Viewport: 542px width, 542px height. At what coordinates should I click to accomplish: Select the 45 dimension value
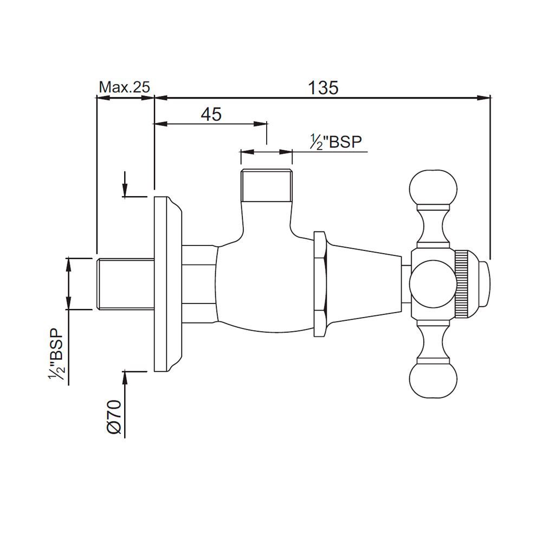(x=211, y=114)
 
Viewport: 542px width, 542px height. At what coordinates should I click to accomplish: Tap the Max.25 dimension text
(x=124, y=87)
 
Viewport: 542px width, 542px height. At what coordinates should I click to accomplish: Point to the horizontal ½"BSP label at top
(x=335, y=142)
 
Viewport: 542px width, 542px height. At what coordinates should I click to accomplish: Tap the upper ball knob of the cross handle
(x=433, y=188)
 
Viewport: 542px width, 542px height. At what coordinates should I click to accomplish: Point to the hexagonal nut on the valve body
(x=320, y=283)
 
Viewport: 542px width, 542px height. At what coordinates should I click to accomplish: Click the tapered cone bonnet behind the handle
(x=363, y=283)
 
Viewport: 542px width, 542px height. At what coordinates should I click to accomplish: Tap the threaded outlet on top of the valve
(x=267, y=184)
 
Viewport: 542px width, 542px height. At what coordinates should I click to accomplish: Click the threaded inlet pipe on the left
(x=125, y=284)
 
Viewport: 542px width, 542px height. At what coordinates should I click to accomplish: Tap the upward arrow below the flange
(x=125, y=377)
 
